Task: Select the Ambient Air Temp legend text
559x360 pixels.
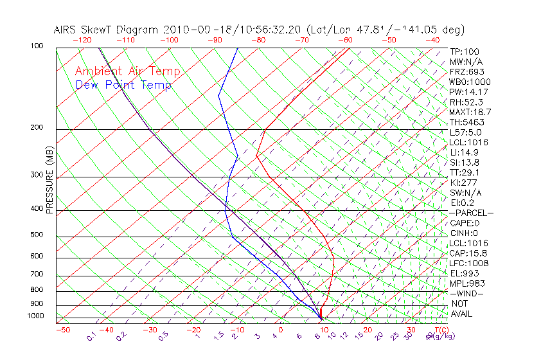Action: [127, 72]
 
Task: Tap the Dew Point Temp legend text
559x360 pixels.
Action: [123, 85]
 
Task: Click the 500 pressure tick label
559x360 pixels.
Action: [37, 235]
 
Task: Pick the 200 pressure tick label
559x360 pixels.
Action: [37, 128]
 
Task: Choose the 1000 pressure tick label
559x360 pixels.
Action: [35, 316]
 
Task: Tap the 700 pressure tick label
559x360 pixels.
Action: [37, 274]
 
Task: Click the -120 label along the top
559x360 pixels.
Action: [82, 40]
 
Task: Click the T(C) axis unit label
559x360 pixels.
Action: [438, 330]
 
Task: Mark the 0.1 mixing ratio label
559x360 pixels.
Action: [91, 336]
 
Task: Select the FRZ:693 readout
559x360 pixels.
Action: [466, 72]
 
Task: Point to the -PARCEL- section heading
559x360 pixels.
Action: [471, 213]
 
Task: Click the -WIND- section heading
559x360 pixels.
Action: [467, 293]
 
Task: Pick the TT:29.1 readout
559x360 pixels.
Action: [465, 173]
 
